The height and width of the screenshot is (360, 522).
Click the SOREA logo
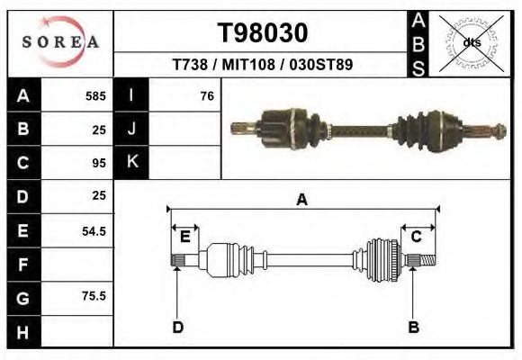[x=60, y=42]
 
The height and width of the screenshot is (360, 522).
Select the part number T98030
[x=263, y=32]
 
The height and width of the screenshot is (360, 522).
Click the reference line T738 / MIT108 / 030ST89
[x=263, y=65]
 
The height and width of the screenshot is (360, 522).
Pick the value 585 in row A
[x=95, y=95]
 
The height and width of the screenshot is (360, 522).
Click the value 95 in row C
[x=99, y=163]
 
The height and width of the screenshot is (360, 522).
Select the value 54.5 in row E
[x=94, y=230]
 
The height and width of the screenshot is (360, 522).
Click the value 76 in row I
[x=207, y=95]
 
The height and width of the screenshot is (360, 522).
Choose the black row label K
[x=131, y=163]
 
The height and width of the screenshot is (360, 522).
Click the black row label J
[x=131, y=129]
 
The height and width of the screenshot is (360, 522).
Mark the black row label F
[x=22, y=265]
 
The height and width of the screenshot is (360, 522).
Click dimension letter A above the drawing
[x=301, y=200]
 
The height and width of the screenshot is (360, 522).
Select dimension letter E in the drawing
[x=184, y=237]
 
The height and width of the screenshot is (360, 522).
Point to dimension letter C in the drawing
[x=417, y=237]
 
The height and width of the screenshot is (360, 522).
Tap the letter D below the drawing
[x=177, y=327]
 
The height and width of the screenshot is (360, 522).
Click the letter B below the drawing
[x=413, y=327]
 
